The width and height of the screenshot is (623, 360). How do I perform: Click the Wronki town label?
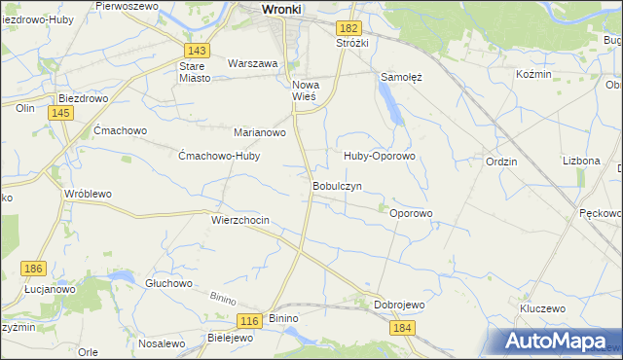(283, 9)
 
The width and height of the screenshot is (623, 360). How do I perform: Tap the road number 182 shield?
(350, 29)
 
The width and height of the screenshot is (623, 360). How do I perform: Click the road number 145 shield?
(60, 114)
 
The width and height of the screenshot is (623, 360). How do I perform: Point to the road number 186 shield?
(34, 268)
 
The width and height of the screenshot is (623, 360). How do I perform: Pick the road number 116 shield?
(250, 320)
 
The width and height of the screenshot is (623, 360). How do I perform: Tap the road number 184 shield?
(404, 328)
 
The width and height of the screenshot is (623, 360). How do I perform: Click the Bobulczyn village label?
(337, 185)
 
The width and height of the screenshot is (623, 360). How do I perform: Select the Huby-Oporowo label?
(379, 156)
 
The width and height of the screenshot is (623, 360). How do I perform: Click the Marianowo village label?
(259, 132)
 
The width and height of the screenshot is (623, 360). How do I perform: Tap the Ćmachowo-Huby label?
(220, 156)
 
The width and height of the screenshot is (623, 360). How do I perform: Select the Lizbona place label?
(581, 161)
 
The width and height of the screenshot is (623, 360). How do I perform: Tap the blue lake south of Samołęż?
(391, 101)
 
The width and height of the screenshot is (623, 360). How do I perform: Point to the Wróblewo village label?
(88, 194)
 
